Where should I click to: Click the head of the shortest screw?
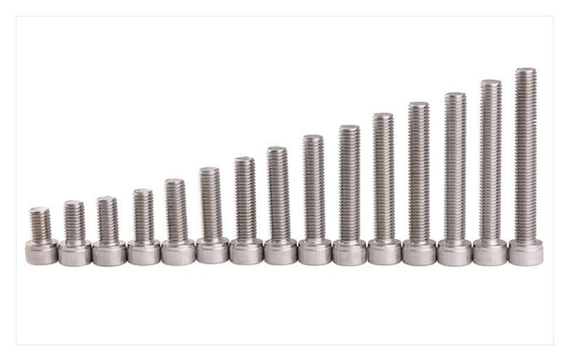[41, 252]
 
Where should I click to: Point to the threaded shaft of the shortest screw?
[40, 223]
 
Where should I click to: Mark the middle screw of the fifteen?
[280, 200]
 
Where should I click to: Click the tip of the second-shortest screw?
[74, 204]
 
